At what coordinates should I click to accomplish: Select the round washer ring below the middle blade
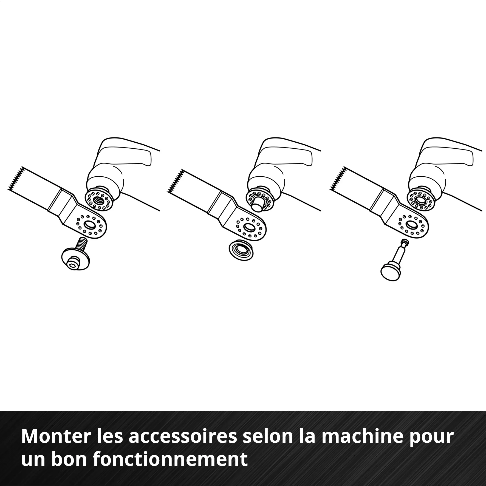click(241, 250)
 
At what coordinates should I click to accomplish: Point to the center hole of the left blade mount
click(89, 225)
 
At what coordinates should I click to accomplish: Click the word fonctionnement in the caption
click(170, 459)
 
